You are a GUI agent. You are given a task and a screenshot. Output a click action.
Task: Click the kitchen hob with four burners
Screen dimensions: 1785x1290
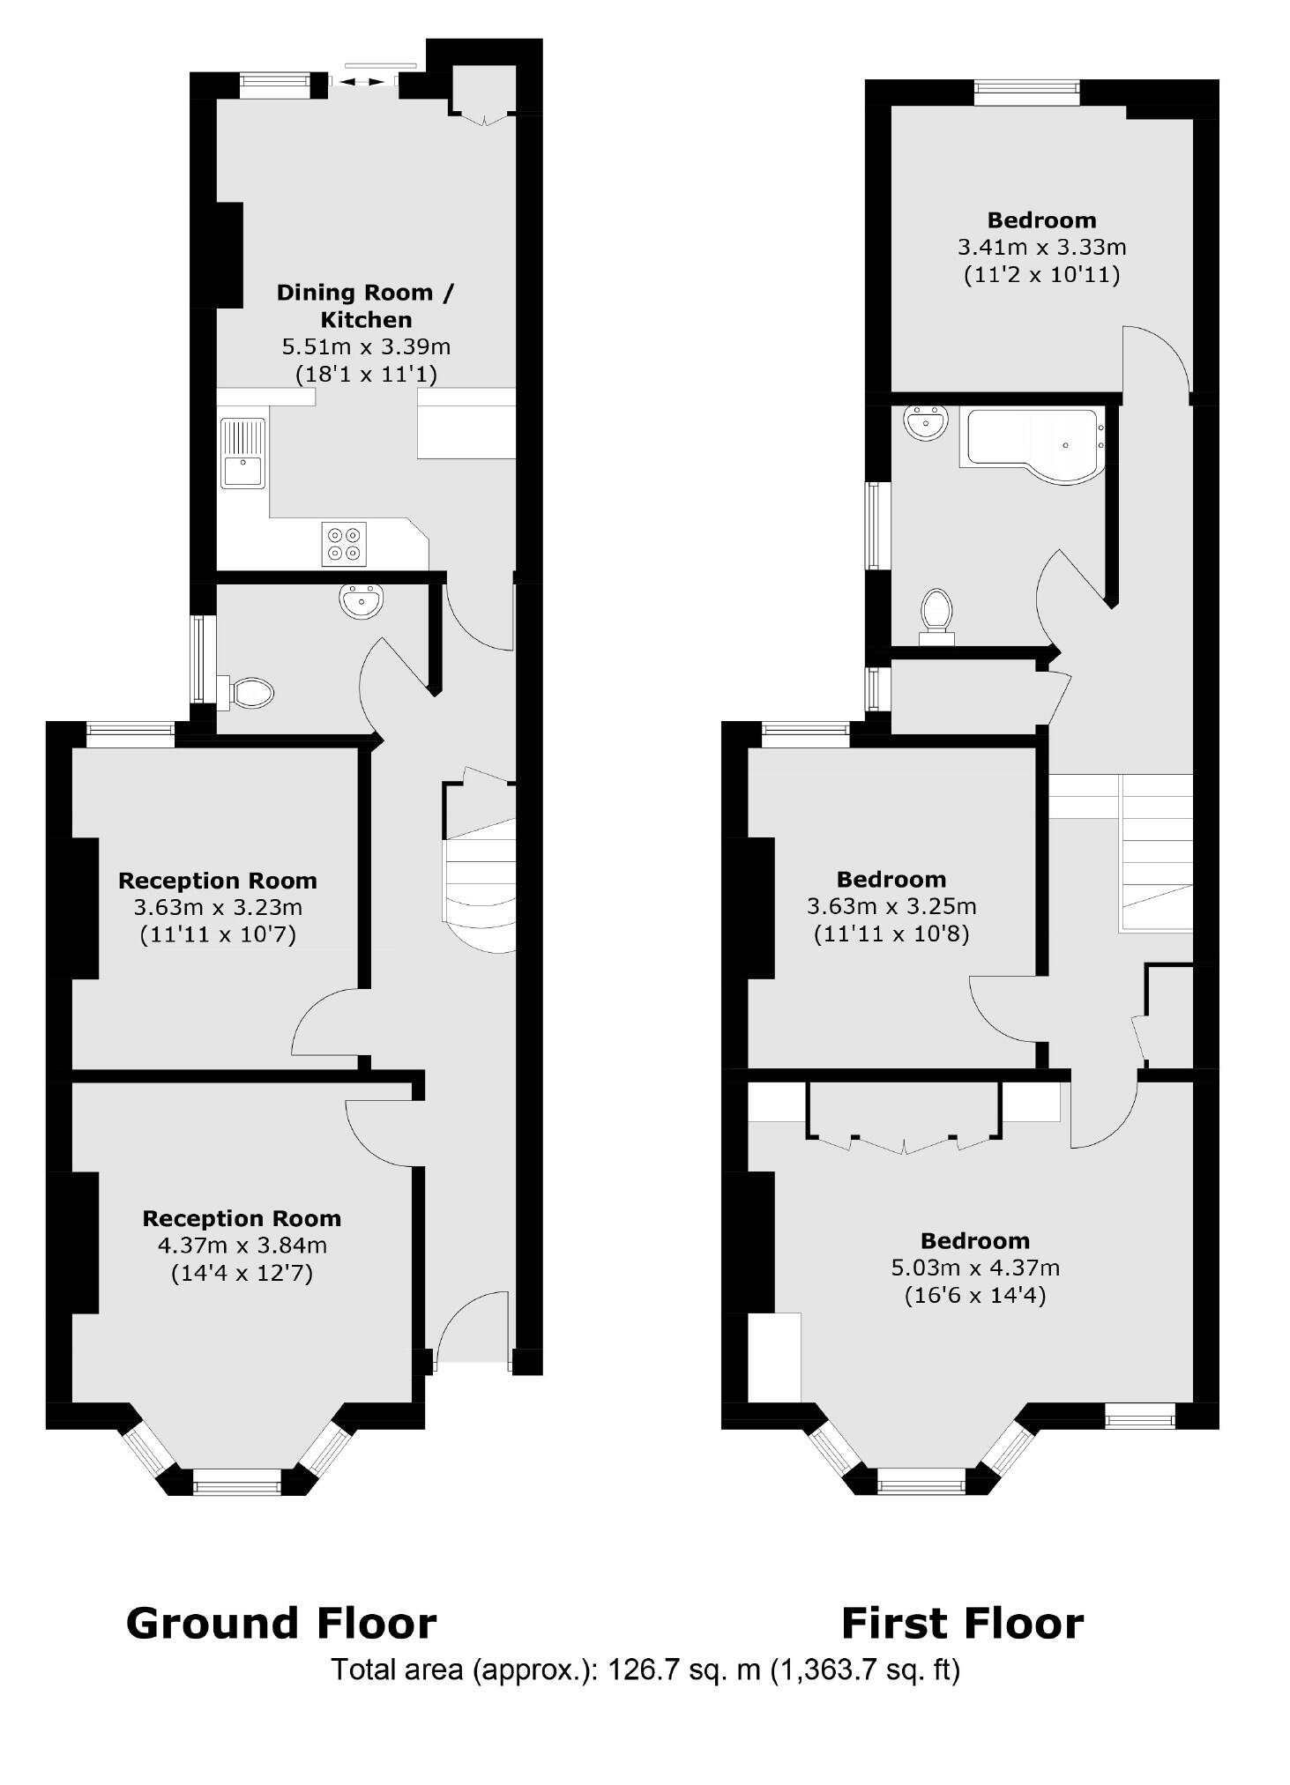(344, 544)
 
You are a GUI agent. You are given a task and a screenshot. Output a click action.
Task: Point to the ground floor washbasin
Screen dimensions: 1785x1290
(361, 600)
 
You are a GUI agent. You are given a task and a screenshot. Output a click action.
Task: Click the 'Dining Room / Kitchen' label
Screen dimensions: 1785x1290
(365, 305)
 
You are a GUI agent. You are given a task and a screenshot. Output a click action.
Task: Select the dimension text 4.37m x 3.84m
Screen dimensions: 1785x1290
(242, 1246)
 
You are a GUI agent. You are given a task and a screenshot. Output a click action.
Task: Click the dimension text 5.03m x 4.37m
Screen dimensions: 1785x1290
(975, 1268)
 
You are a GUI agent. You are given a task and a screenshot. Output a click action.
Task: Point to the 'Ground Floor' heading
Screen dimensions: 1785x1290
(281, 1623)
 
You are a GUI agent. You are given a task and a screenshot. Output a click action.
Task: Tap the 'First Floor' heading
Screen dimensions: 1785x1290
(962, 1623)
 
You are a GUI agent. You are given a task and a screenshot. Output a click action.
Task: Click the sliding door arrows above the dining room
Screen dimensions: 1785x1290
(363, 82)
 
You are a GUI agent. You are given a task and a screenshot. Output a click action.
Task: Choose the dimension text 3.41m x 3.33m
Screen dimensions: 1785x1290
(1041, 248)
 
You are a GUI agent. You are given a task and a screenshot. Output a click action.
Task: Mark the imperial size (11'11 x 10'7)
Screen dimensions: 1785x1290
(218, 934)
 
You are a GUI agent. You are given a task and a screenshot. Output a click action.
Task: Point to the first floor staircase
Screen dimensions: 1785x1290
(1155, 852)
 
